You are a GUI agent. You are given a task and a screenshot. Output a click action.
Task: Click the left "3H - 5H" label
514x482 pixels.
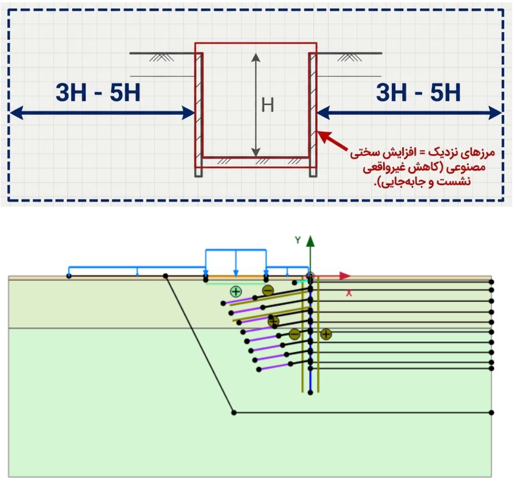pyautogui.click(x=98, y=92)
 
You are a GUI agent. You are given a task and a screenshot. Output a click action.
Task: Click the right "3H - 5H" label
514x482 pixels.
pyautogui.click(x=418, y=92)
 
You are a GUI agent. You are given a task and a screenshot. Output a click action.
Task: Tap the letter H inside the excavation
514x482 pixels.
pyautogui.click(x=268, y=105)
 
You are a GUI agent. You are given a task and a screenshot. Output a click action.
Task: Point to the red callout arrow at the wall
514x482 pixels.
pyautogui.click(x=333, y=141)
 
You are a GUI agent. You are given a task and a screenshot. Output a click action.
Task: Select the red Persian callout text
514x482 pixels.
pyautogui.click(x=422, y=167)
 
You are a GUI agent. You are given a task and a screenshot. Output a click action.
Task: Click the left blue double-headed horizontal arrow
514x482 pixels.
pyautogui.click(x=102, y=113)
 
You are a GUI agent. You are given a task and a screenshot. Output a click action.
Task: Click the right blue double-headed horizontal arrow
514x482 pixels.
pyautogui.click(x=410, y=113)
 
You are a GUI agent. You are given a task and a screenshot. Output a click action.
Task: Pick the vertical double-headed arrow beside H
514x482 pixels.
pyautogui.click(x=256, y=105)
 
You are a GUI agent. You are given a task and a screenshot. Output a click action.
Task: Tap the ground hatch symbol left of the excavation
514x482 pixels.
pyautogui.click(x=162, y=57)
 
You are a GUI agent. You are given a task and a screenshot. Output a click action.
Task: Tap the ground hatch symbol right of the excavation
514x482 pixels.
pyautogui.click(x=350, y=57)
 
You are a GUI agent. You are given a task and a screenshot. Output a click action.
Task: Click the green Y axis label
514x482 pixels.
pyautogui.click(x=298, y=240)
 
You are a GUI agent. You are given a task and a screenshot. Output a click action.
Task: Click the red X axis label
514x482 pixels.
pyautogui.click(x=349, y=293)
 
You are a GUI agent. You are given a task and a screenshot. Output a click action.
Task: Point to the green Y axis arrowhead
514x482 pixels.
pyautogui.click(x=310, y=241)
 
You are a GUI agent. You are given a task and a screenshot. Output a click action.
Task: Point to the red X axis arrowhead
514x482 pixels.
pyautogui.click(x=345, y=276)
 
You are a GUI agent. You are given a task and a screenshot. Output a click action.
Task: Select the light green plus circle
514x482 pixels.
pyautogui.click(x=236, y=291)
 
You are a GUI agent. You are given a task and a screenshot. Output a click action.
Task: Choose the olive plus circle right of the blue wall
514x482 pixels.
pyautogui.click(x=326, y=334)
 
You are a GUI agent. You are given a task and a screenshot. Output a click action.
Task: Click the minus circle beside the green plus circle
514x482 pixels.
pyautogui.click(x=268, y=290)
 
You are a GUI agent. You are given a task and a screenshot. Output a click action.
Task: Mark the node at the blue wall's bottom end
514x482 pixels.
pyautogui.click(x=310, y=393)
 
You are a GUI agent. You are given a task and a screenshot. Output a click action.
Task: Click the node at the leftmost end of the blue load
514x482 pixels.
pyautogui.click(x=69, y=276)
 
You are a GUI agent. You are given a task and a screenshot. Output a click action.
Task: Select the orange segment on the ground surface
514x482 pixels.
pyautogui.click(x=236, y=277)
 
